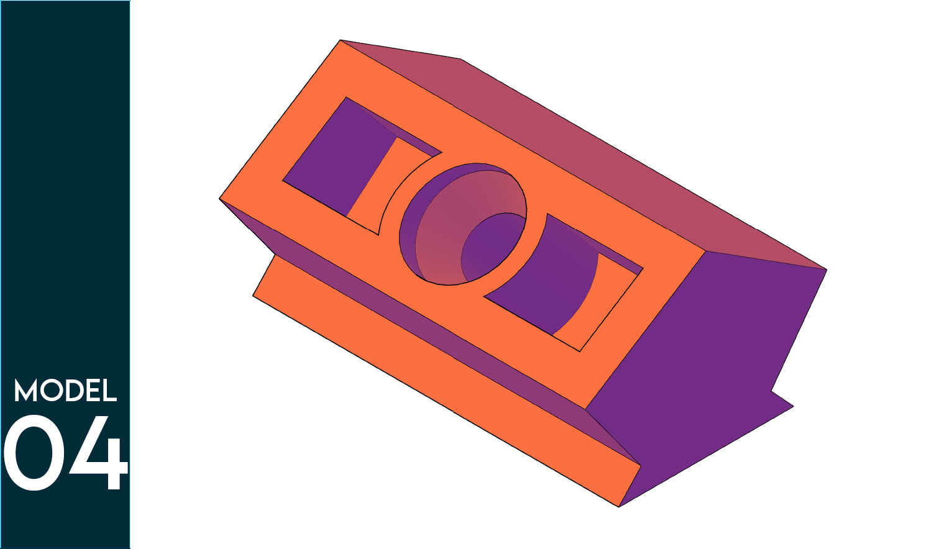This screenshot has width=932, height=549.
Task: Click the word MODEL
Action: [x=65, y=390]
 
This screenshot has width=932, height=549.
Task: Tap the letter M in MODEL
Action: [x=26, y=390]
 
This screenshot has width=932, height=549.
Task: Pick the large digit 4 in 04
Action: [x=98, y=453]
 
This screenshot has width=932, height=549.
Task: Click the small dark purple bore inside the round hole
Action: [x=491, y=247]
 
